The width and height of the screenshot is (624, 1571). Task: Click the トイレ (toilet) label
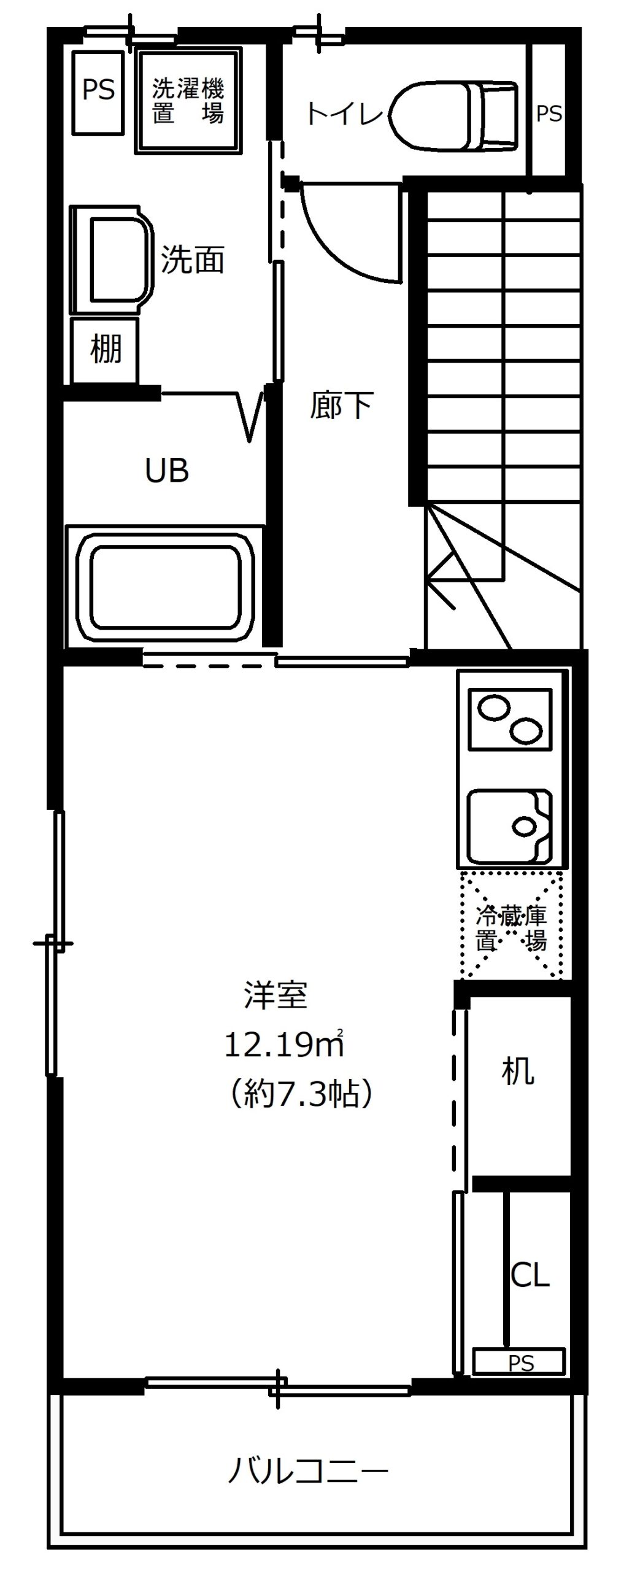tap(344, 114)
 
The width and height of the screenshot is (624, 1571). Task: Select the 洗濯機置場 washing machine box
tap(187, 101)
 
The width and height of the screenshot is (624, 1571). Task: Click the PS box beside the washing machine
tap(98, 93)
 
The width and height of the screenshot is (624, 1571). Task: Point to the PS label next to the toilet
tap(549, 114)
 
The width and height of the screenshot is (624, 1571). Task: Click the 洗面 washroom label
tap(193, 260)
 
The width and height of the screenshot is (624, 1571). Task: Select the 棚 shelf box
tap(105, 350)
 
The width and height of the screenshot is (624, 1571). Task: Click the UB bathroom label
tap(166, 471)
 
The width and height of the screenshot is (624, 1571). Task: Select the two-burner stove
tap(510, 719)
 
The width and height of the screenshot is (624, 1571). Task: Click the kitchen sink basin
tap(510, 826)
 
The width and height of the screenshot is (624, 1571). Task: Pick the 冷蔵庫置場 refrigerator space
tap(510, 924)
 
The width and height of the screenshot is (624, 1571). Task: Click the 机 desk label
tap(518, 1071)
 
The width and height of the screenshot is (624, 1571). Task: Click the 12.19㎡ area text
tap(284, 1044)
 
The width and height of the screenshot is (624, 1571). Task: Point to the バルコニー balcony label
tap(309, 1471)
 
